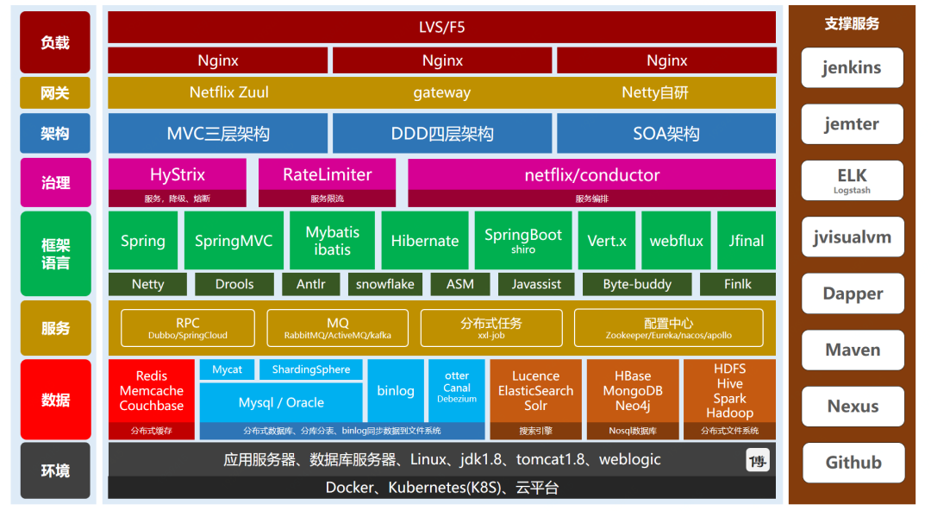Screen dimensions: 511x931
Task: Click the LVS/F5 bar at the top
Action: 441,27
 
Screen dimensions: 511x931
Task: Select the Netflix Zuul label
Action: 225,92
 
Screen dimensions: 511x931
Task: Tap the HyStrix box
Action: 178,174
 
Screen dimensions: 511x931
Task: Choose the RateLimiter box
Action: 328,174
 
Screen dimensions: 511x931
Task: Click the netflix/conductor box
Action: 591,174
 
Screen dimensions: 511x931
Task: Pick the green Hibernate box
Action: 425,241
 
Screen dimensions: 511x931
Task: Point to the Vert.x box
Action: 607,241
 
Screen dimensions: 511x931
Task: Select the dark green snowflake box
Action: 385,284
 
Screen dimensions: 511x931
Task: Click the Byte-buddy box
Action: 637,284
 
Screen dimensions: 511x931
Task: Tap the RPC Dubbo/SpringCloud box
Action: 188,328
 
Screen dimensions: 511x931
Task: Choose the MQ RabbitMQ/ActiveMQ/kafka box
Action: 338,328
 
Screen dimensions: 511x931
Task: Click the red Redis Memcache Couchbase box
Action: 152,390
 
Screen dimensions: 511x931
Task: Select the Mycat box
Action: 228,369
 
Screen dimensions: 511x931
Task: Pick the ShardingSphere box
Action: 311,369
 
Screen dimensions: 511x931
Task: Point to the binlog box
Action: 396,391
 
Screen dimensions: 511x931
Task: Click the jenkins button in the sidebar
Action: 853,67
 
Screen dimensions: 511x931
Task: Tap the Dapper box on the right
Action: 853,293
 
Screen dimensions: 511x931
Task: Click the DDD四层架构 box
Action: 442,134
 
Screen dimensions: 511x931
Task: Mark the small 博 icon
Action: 758,461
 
